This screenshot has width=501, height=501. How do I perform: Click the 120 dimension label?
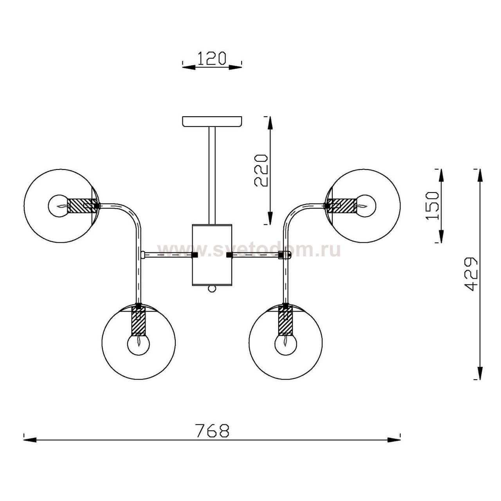(212, 58)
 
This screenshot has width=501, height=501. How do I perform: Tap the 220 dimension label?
(261, 171)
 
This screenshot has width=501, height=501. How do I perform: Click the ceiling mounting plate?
(212, 121)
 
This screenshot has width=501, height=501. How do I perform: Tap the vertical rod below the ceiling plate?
(212, 175)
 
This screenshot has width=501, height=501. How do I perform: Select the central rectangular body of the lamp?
(212, 255)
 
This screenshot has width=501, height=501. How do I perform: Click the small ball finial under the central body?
(212, 289)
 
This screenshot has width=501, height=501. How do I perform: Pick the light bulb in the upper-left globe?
(59, 206)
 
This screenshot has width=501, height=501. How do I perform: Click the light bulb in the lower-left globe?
(139, 344)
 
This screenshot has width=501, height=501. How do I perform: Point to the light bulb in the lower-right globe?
(286, 344)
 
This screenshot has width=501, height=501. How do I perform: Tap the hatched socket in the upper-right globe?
(342, 205)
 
